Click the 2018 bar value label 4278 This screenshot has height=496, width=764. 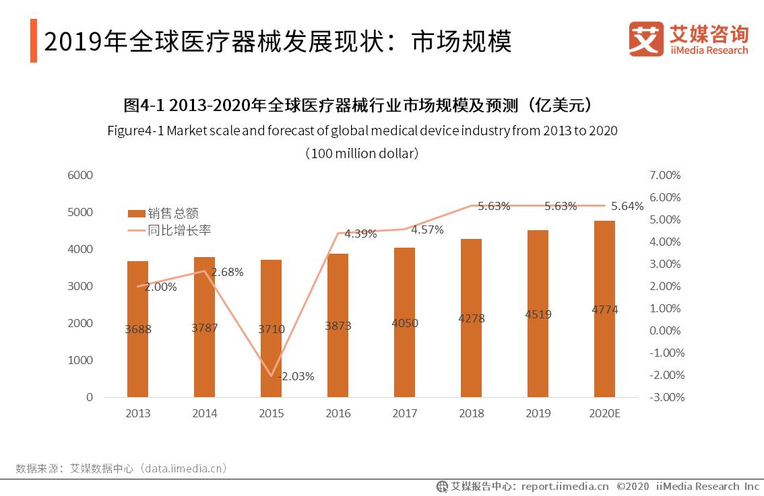[471, 318]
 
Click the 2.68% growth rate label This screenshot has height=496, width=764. [227, 272]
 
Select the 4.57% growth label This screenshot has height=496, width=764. [427, 229]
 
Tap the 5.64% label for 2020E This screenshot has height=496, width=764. [627, 207]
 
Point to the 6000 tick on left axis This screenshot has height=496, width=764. [79, 175]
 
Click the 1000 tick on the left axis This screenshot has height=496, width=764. [79, 360]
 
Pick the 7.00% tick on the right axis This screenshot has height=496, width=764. [665, 175]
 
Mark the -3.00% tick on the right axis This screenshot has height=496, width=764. [665, 397]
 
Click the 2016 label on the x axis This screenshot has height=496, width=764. [338, 413]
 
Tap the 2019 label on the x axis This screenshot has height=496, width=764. [538, 413]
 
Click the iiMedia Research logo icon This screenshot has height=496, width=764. [645, 39]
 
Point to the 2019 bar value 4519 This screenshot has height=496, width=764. [538, 314]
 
